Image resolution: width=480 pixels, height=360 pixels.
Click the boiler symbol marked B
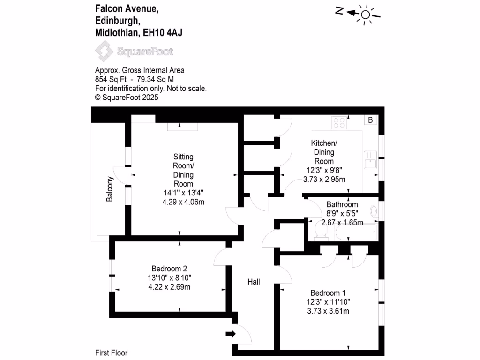370,120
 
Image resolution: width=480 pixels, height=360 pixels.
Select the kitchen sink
369,159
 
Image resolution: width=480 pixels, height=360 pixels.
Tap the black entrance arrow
231,334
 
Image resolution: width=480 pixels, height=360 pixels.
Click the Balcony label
110,189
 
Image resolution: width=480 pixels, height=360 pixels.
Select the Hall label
254,282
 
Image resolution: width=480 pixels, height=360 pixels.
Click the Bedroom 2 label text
169,269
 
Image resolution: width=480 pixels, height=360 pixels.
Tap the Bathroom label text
342,204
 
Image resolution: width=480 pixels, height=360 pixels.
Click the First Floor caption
111,353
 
